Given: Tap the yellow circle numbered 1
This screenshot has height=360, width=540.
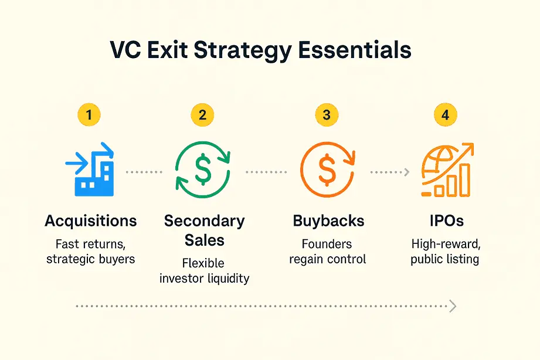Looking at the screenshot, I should tap(89, 115).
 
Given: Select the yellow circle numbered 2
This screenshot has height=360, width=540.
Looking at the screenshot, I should tap(203, 115).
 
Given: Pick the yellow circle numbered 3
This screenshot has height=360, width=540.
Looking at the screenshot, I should tap(326, 115).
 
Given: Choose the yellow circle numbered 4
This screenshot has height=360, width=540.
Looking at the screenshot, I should tap(445, 115).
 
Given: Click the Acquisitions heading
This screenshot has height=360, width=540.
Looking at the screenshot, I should tap(91, 221).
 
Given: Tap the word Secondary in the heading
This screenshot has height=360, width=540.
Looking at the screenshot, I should tap(204, 221).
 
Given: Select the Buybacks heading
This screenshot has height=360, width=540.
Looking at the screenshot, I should tap(328, 221).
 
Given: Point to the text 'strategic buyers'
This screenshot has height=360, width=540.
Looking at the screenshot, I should tap(91, 259).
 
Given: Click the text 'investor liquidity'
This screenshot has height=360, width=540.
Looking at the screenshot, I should tap(204, 278).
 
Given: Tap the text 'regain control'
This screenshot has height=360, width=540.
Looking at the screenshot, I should tap(328, 259).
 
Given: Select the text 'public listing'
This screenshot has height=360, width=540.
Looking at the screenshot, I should tap(445, 259).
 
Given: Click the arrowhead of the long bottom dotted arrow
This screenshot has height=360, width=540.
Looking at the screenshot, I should tap(452, 306).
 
